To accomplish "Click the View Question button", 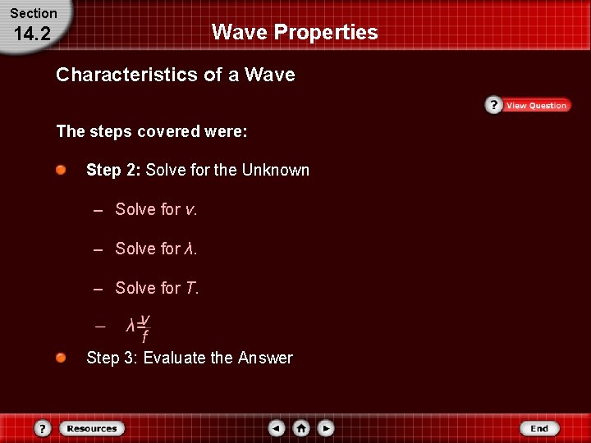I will click(x=536, y=106).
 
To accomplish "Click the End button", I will click(x=539, y=428).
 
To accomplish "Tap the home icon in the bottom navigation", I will click(x=302, y=428).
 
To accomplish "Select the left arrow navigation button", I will click(x=277, y=428).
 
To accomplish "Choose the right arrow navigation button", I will click(x=327, y=428).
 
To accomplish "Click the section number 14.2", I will click(x=32, y=34).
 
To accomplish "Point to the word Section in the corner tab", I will click(x=34, y=13).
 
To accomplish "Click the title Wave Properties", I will click(x=295, y=32).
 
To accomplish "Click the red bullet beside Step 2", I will click(x=62, y=170).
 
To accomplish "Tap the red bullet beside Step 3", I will click(x=62, y=357).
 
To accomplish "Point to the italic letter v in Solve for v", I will click(x=190, y=210).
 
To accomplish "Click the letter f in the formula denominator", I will click(x=144, y=337).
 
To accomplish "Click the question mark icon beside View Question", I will click(x=493, y=105).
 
